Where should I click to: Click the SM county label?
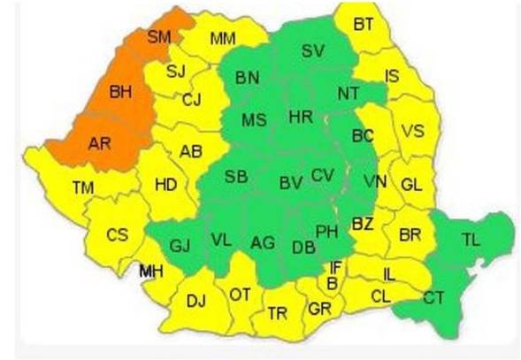click(x=159, y=36)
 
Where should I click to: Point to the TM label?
click(x=84, y=187)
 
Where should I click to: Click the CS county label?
click(x=117, y=235)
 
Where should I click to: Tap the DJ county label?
click(x=195, y=301)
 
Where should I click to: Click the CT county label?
click(x=433, y=298)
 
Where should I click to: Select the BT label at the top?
click(x=363, y=24)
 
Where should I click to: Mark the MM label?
click(x=223, y=38)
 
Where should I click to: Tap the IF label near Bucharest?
click(x=335, y=266)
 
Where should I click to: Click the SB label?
click(x=235, y=176)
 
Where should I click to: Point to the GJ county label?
click(x=180, y=244)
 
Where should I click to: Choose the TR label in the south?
click(x=278, y=313)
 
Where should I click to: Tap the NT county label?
click(x=349, y=92)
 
